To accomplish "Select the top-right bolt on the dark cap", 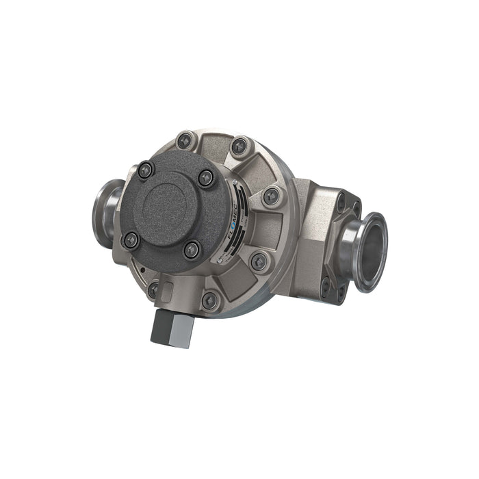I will [x=207, y=178].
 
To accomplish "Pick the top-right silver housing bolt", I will [x=239, y=146].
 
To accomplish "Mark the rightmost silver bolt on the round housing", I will [x=271, y=197].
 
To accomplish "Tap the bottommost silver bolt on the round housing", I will [x=211, y=300].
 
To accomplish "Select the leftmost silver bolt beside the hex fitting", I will [x=154, y=291].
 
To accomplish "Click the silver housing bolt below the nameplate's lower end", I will [x=259, y=260].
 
